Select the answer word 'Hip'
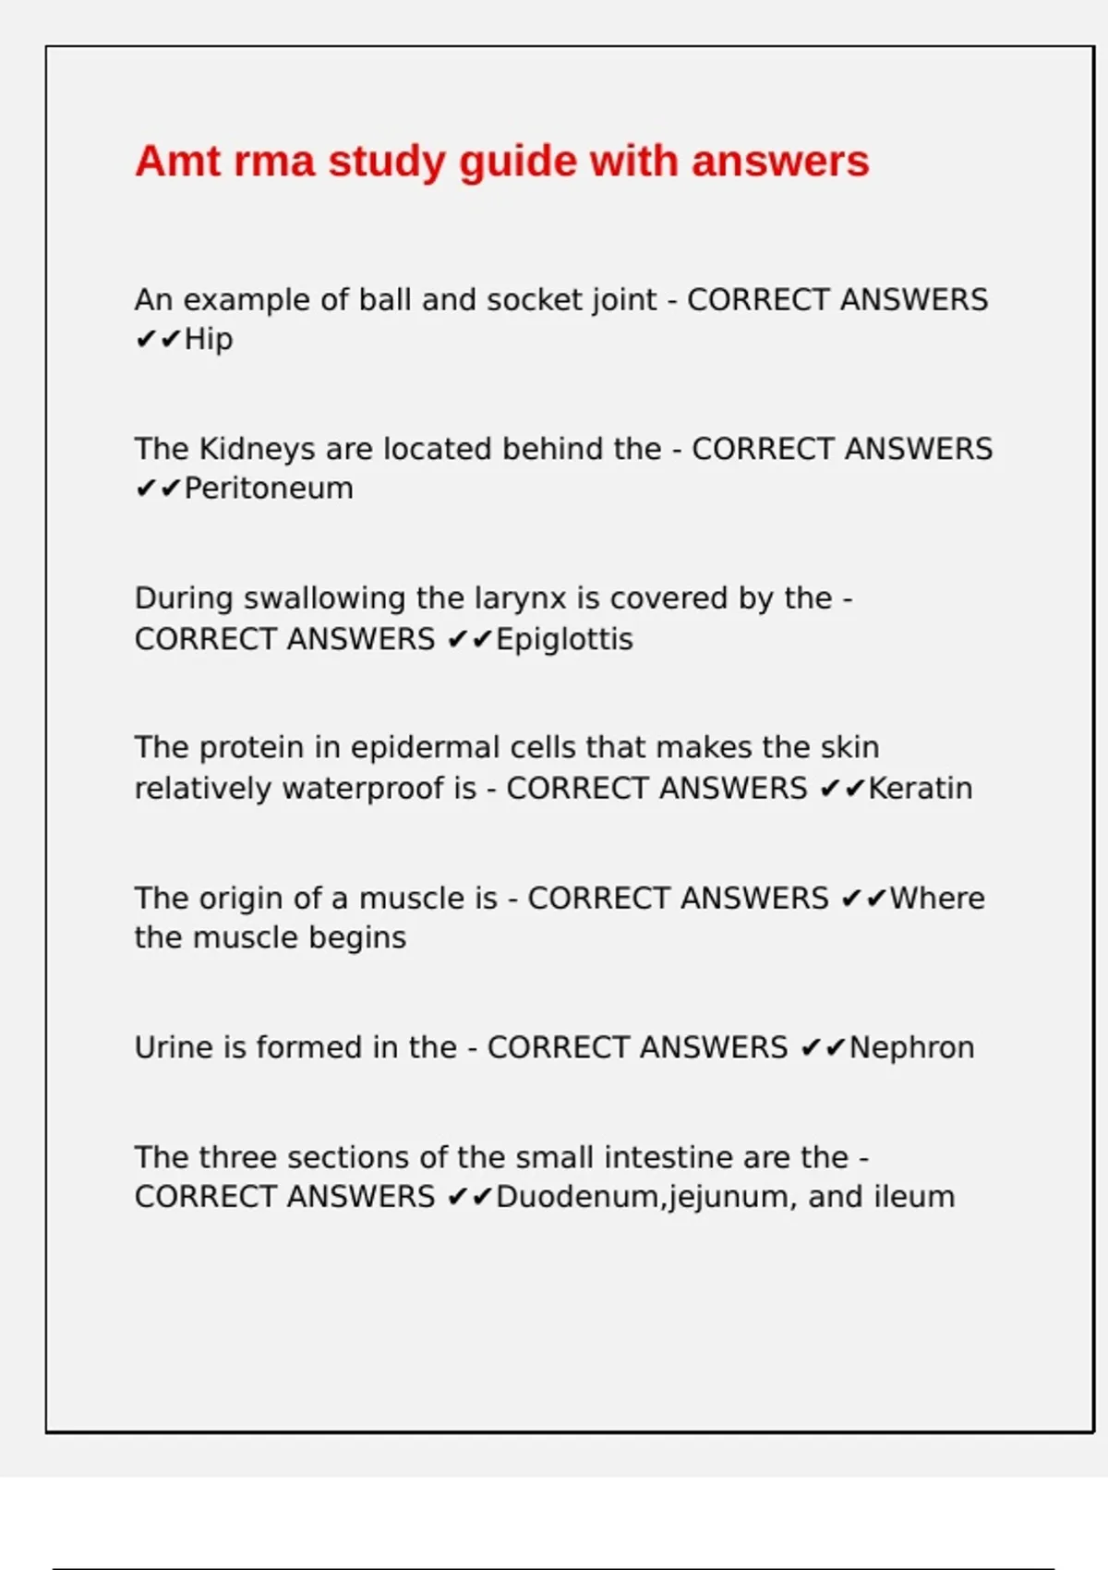point(209,340)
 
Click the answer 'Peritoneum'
point(269,489)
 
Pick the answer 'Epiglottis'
point(564,639)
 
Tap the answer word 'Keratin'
point(921,789)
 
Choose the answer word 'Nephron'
point(911,1048)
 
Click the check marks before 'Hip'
point(158,340)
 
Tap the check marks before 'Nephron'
point(823,1048)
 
